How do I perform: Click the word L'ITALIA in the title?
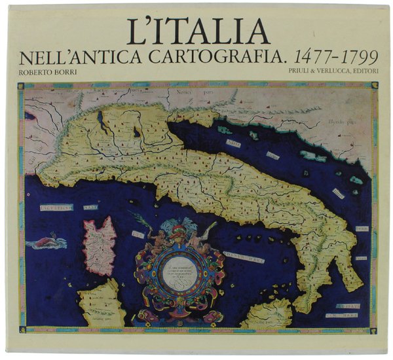(200, 31)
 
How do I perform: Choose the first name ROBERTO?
(40, 74)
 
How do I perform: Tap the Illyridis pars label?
(341, 121)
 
